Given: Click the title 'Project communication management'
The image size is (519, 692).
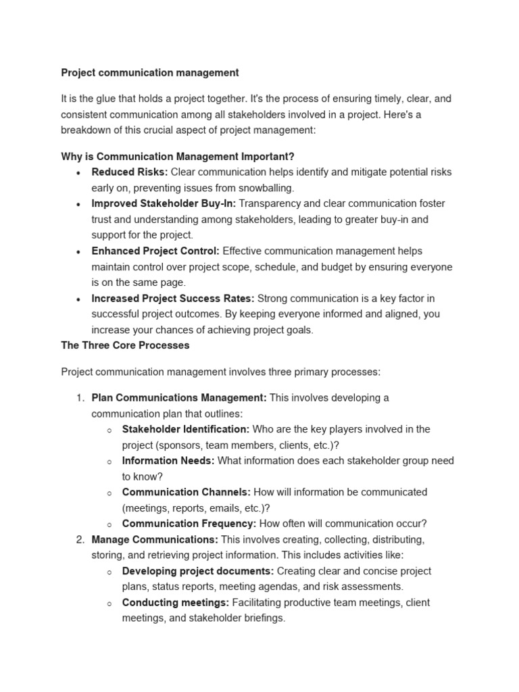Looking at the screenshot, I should (x=150, y=72).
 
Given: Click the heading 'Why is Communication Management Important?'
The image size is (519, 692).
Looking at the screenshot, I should (x=178, y=156).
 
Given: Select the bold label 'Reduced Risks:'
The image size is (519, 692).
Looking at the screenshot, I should (x=130, y=172).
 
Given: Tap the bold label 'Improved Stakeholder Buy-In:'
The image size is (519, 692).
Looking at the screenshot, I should (x=164, y=203).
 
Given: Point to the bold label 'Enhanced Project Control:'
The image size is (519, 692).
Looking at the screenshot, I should (x=155, y=251).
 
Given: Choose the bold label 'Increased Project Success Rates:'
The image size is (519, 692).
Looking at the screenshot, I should (x=173, y=298).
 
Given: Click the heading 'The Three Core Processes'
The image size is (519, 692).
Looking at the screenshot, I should (x=125, y=345).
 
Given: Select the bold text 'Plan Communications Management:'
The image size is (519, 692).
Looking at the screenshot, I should (x=179, y=397).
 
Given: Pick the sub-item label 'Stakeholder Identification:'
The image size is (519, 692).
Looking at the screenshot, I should (x=186, y=429).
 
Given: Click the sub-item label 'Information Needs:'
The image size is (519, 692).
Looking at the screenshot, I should (x=168, y=460).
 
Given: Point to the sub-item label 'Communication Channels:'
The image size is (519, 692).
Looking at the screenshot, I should (x=187, y=492).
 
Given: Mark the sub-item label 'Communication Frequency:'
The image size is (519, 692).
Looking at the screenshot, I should (x=189, y=524).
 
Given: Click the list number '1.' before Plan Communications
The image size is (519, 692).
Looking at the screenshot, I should (x=80, y=397).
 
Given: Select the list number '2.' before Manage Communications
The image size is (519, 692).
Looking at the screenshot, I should (x=80, y=539).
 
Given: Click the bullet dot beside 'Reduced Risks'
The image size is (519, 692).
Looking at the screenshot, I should (x=79, y=173).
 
